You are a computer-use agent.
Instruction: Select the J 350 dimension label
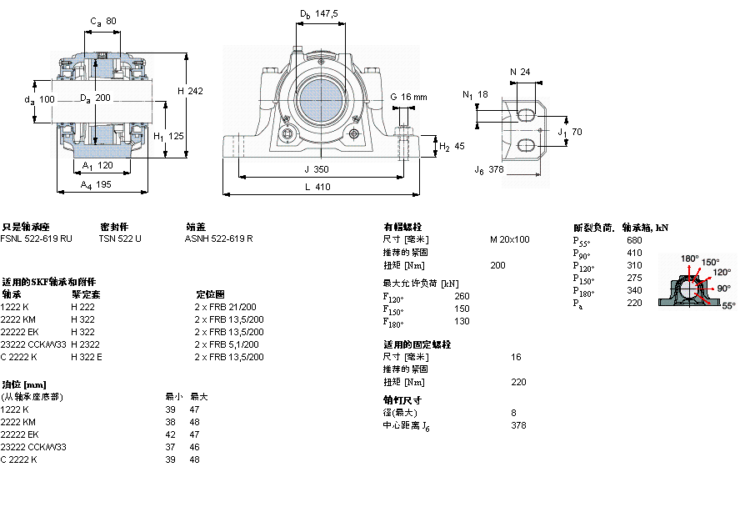tap(317, 168)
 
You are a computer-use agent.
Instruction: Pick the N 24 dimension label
tap(520, 72)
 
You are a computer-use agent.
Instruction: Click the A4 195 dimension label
tap(97, 185)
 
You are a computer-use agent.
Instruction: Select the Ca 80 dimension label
tap(102, 21)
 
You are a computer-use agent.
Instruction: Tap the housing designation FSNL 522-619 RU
tap(36, 238)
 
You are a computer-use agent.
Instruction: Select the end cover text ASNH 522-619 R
tap(218, 238)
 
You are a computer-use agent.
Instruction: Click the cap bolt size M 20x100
tap(509, 239)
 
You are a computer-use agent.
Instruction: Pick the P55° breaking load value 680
tap(634, 240)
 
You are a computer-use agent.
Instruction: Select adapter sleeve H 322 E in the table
tap(87, 357)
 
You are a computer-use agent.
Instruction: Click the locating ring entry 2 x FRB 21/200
tap(225, 307)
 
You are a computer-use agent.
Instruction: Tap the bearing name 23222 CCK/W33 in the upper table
tap(32, 344)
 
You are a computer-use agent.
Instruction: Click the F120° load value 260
tap(462, 296)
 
